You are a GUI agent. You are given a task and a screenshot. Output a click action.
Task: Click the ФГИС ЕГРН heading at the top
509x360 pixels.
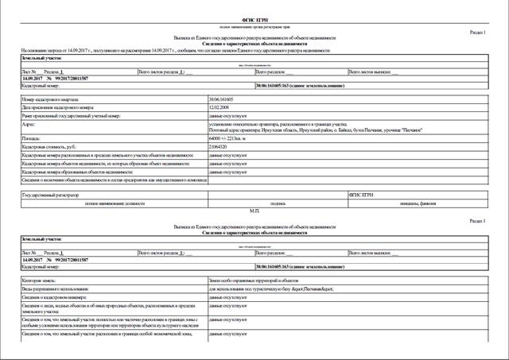pyautogui.click(x=254, y=17)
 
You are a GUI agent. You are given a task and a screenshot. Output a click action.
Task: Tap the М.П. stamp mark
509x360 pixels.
pyautogui.click(x=254, y=211)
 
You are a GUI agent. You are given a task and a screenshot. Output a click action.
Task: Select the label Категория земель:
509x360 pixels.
pyautogui.click(x=43, y=279)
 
